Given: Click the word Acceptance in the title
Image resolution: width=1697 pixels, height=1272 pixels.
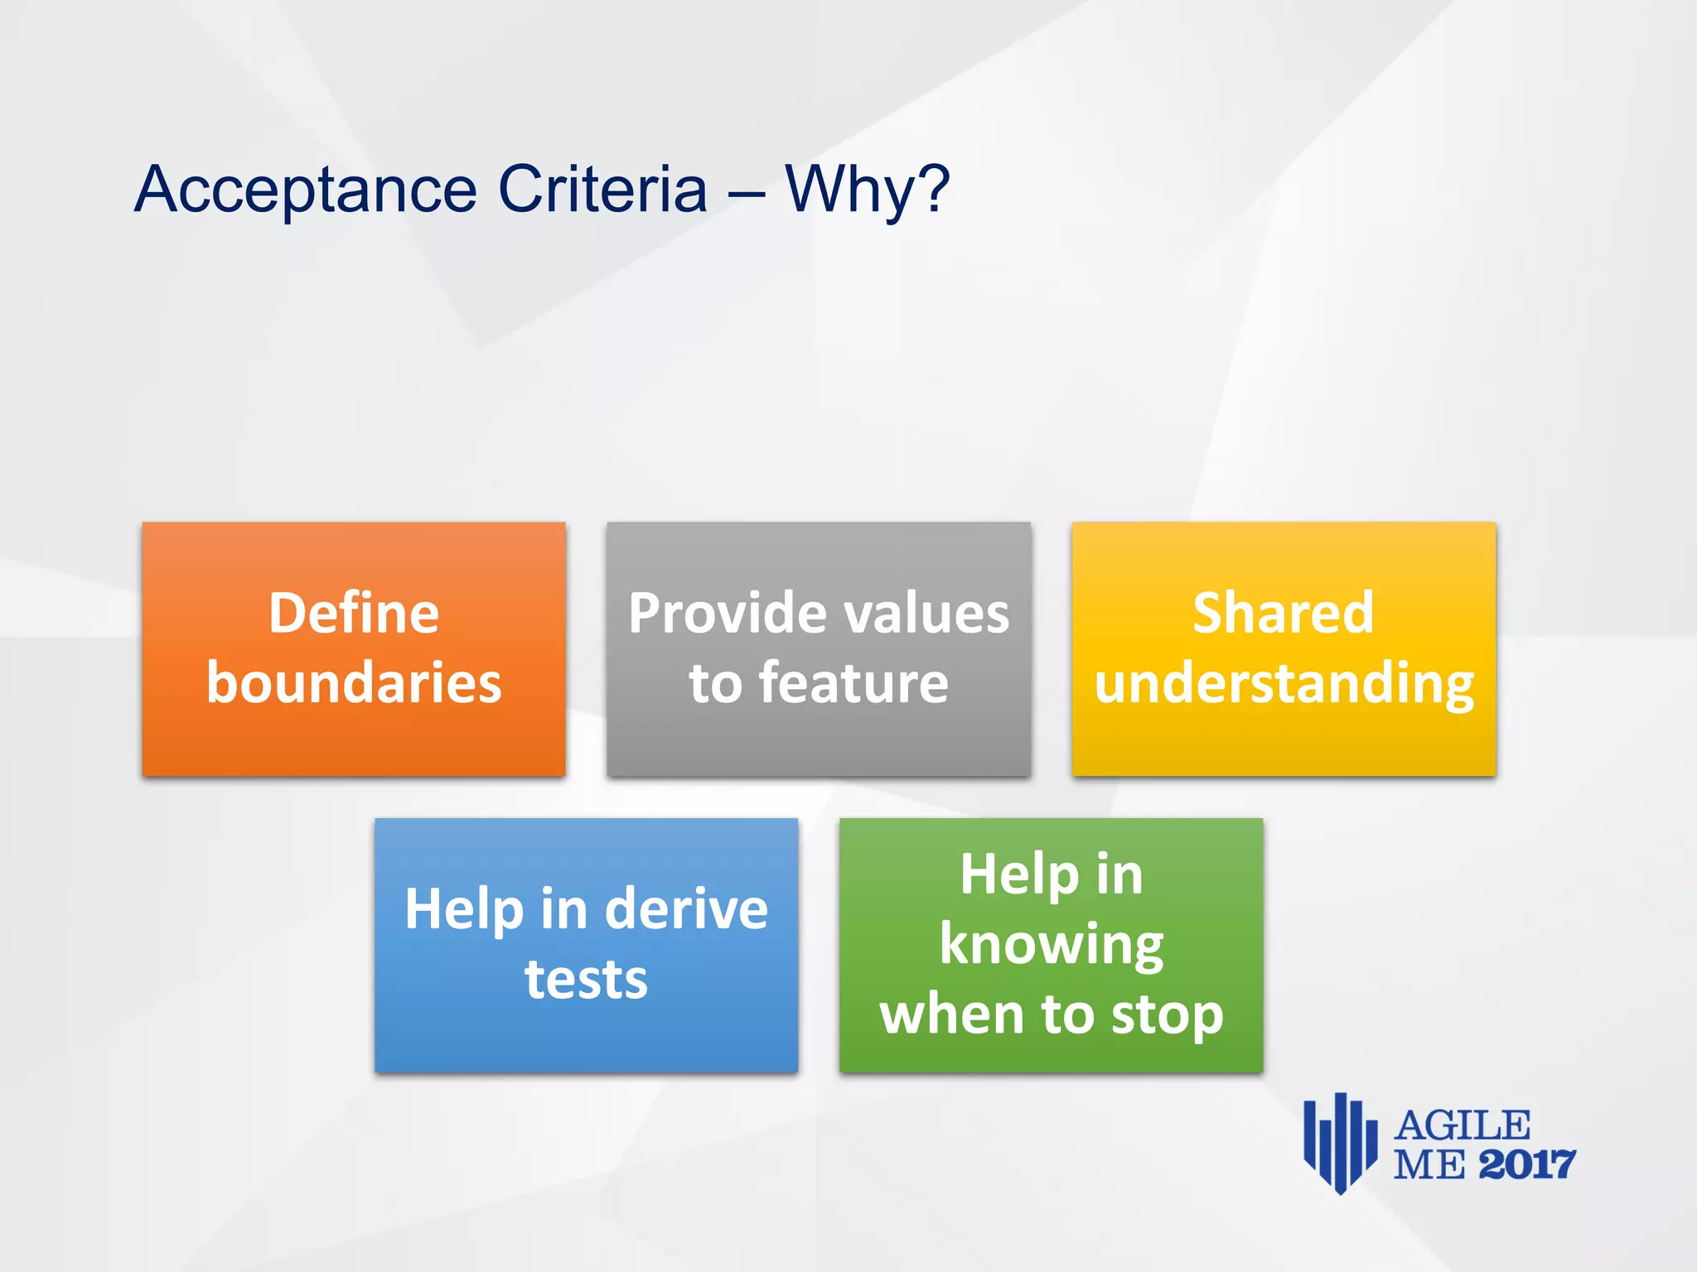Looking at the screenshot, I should tap(305, 190).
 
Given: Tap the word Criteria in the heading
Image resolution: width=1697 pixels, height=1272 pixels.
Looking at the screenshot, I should tap(602, 189).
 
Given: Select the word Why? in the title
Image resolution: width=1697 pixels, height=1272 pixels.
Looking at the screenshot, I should tap(867, 189).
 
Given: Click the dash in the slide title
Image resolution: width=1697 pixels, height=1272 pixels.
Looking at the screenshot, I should tap(746, 192).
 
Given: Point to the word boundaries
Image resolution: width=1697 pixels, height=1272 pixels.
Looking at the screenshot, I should tap(354, 683).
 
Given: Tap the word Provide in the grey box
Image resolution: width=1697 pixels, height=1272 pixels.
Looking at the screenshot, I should tap(716, 614).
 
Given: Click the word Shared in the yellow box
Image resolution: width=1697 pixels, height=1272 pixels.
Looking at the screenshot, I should tap(1284, 614).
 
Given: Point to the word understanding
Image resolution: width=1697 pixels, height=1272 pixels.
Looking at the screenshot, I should tap(1284, 685).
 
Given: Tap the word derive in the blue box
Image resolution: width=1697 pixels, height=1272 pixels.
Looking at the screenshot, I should tap(686, 909).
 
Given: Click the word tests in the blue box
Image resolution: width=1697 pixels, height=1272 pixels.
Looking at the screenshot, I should tap(586, 980).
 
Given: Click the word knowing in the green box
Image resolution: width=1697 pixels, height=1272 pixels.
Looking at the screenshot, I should tap(1051, 946).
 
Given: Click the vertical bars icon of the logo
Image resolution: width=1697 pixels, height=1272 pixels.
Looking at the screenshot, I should tap(1340, 1143).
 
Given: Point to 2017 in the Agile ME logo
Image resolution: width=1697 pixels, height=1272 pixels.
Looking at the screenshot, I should tap(1526, 1165).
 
